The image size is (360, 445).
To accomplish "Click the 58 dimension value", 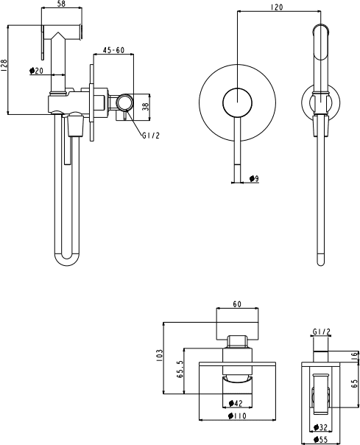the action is (x=62, y=4).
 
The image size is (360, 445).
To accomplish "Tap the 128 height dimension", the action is (x=4, y=66).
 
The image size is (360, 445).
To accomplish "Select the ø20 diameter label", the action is (x=36, y=71).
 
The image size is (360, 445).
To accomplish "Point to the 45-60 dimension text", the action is (x=113, y=50).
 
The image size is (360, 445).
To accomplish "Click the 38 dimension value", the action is (x=145, y=106).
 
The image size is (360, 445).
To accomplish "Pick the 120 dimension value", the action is (x=277, y=7).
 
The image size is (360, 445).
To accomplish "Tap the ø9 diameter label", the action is (x=254, y=178).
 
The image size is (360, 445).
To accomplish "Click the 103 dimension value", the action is (x=160, y=355).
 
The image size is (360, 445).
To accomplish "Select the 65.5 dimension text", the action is (x=180, y=369).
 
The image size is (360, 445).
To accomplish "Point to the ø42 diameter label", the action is (x=236, y=403).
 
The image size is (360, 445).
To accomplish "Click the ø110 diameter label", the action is (x=237, y=416).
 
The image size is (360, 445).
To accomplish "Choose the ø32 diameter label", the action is (x=320, y=427).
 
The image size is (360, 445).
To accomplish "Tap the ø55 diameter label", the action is (x=320, y=440).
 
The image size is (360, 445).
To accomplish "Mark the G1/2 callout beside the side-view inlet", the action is (x=151, y=136).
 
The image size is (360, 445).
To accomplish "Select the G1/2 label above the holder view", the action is (x=322, y=332).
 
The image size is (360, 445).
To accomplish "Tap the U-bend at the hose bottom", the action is (x=67, y=261).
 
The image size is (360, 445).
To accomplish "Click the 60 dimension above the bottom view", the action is (x=237, y=304).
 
